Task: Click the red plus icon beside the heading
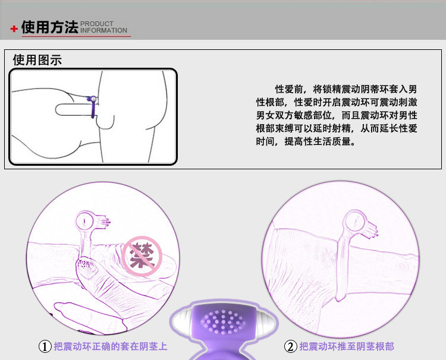14,29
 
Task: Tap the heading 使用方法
49,27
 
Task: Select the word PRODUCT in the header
97,24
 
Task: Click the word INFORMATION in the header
103,30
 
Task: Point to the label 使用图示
37,60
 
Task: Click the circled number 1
45,346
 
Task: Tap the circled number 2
290,346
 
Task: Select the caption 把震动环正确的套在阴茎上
111,346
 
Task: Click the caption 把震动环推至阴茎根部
347,346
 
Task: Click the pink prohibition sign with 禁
142,255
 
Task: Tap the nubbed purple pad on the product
223,322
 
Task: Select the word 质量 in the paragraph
341,141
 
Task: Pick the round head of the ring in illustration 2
355,220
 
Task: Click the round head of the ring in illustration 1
85,220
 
